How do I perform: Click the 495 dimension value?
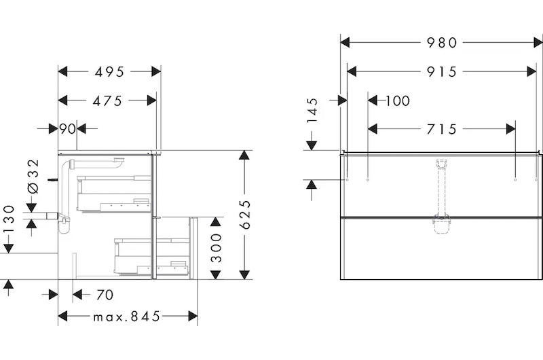[109, 71]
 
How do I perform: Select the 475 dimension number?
[108, 101]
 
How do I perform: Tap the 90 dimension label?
[67, 128]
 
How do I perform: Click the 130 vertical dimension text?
[9, 229]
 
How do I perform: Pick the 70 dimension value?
[104, 295]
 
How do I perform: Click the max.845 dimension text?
[127, 317]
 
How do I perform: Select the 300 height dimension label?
[215, 249]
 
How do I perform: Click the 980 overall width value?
[442, 43]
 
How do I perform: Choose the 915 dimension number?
[442, 71]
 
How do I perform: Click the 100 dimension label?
[397, 101]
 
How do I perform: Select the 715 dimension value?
[442, 128]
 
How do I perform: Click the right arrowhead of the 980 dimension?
[538, 43]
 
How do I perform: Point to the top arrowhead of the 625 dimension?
[245, 156]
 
